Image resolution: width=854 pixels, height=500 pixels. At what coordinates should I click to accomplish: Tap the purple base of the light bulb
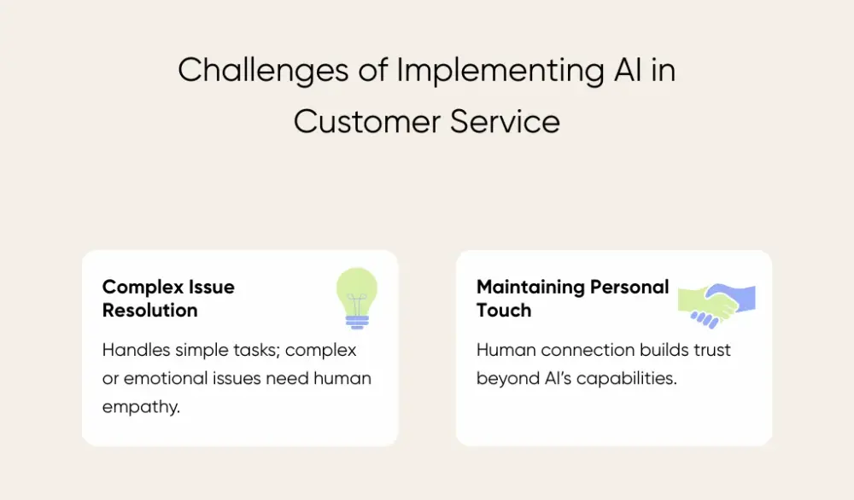pyautogui.click(x=356, y=322)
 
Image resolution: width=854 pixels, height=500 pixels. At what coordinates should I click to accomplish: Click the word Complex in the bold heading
pyautogui.click(x=138, y=288)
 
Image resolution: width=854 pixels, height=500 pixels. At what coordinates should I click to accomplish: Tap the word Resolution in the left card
pyautogui.click(x=149, y=311)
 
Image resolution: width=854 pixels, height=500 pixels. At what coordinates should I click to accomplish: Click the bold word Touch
pyautogui.click(x=503, y=311)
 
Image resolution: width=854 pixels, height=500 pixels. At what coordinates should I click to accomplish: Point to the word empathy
pyautogui.click(x=141, y=407)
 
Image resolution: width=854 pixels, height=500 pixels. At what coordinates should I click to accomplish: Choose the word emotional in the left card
pyautogui.click(x=161, y=379)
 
